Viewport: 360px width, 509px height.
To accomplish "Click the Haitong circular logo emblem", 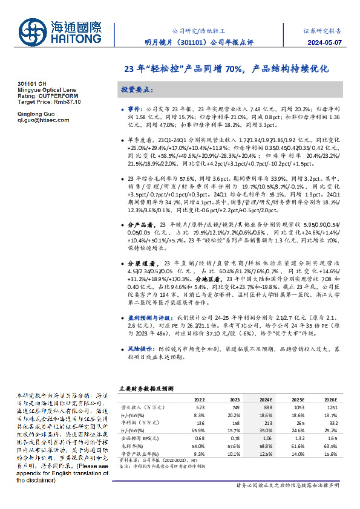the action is pos(32,33).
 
